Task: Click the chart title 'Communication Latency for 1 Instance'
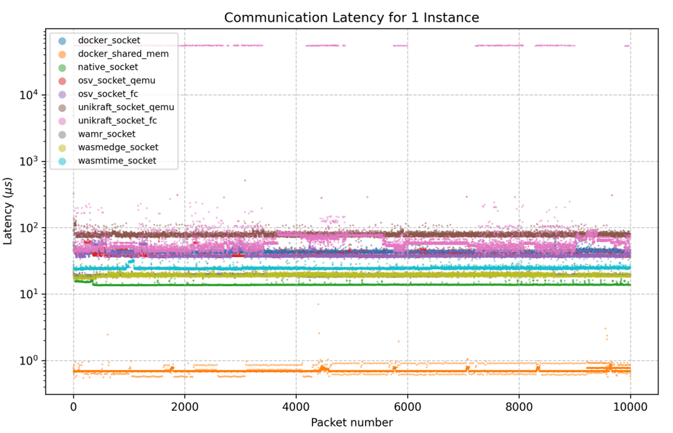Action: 352,18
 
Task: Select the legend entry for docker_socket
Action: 108,41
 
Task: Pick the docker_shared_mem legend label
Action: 123,54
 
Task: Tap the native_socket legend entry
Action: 108,67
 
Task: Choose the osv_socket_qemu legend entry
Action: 116,81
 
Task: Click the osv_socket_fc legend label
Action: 112,94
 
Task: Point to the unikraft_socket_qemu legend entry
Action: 126,107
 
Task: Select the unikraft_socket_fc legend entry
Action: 117,121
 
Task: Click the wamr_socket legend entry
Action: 106,134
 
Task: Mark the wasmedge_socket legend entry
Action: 118,147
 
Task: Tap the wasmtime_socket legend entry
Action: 117,161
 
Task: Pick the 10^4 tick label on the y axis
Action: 28,94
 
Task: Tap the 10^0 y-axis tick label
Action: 28,361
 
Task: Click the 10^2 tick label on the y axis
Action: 28,227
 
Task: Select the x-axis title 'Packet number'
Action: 352,423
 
